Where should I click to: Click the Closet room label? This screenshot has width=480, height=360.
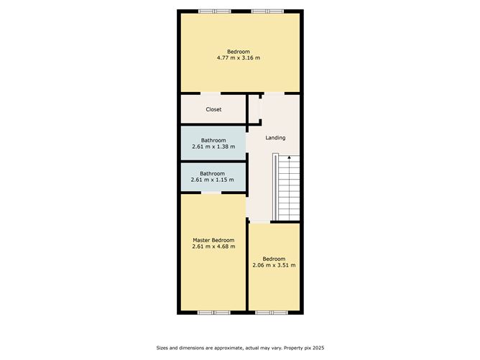point(213,109)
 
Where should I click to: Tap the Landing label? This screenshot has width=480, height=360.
point(275,138)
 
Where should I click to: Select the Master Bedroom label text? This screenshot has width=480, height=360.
point(213,240)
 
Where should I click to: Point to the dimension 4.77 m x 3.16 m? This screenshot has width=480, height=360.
point(239,58)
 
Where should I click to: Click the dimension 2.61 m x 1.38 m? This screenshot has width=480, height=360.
point(213,147)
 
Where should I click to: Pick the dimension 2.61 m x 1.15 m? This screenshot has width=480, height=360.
point(212,180)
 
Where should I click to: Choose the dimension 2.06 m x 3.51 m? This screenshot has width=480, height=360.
point(274,265)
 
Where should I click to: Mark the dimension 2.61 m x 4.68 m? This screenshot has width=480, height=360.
point(213,246)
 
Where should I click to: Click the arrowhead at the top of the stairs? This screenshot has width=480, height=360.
point(289,157)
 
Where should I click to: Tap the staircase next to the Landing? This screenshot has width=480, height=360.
point(286,187)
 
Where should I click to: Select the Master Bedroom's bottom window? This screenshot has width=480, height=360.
point(213,313)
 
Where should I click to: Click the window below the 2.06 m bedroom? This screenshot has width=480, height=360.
point(272,313)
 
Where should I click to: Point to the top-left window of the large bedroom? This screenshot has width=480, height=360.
point(215,11)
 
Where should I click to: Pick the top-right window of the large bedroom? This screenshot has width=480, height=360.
point(267,11)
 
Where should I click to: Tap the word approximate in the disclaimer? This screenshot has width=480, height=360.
point(228,348)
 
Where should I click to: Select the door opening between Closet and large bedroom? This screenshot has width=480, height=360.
point(211,93)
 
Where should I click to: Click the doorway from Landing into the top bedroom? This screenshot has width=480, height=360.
point(274,93)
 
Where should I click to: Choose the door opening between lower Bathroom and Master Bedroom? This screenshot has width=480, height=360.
point(211,193)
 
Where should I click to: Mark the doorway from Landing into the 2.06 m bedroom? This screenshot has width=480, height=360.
point(260,221)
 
